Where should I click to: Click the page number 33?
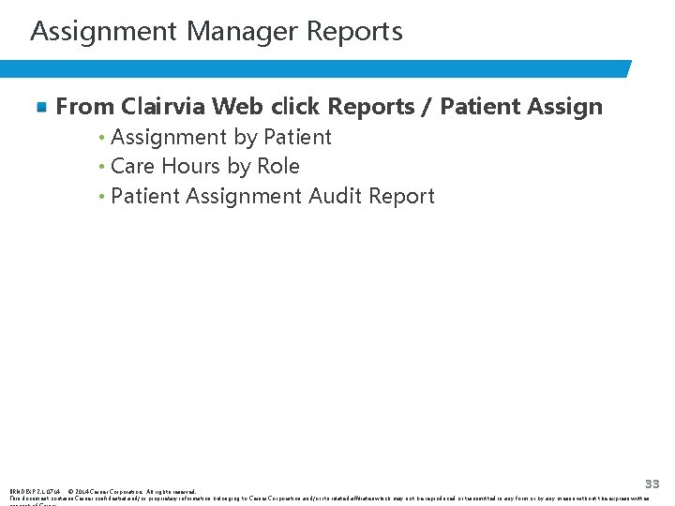652,484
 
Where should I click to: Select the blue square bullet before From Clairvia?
42,108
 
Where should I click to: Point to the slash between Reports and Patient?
426,108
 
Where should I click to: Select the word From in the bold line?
83,107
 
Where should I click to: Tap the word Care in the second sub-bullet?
132,167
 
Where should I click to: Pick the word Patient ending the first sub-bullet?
297,138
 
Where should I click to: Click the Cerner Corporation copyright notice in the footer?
131,491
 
